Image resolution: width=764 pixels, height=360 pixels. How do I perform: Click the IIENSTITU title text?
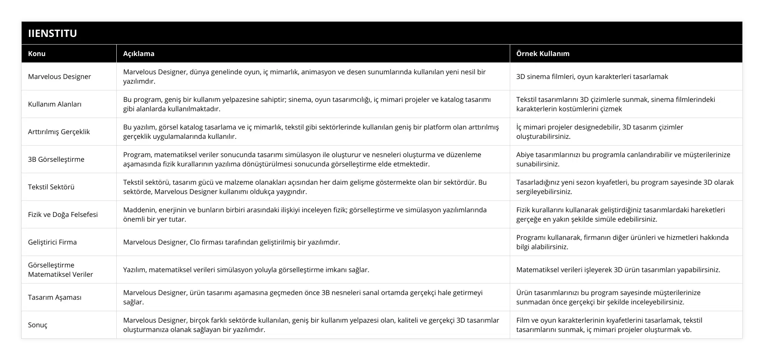(52, 33)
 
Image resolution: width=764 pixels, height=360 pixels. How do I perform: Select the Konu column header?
(37, 53)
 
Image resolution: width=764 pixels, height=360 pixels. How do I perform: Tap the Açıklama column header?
(139, 53)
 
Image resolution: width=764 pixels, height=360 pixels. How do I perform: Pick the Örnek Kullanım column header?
(543, 53)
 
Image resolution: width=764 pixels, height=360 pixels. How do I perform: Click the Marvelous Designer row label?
(59, 76)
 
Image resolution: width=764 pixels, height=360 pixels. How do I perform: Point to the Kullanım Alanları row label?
(55, 104)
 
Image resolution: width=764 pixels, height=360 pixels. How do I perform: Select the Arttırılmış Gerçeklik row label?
(59, 132)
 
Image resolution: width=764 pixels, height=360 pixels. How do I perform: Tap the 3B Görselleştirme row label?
(56, 159)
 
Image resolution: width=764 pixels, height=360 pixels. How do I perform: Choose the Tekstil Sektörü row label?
(51, 187)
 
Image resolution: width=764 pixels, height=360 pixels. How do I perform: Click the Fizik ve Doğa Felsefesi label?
(63, 214)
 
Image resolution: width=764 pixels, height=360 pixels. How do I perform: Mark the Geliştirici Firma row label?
(52, 242)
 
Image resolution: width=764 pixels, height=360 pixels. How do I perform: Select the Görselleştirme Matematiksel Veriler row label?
(60, 270)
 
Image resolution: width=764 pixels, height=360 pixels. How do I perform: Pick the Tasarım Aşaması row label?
(54, 297)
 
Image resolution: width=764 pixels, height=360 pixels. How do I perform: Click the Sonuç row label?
(38, 325)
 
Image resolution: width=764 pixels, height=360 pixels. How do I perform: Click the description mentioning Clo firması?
(231, 242)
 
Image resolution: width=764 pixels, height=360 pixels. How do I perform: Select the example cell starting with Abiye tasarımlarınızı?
(623, 159)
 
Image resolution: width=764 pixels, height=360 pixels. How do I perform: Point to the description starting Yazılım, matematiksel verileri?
(246, 270)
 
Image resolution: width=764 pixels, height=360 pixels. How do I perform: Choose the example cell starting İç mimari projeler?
(599, 132)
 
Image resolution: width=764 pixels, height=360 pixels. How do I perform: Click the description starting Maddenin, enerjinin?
(305, 214)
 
